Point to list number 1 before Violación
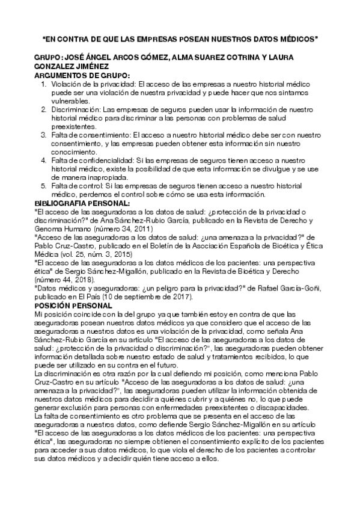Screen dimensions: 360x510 (x=44, y=85)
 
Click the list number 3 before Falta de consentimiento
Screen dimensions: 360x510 (x=44, y=136)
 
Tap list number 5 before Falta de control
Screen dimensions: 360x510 (x=44, y=186)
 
